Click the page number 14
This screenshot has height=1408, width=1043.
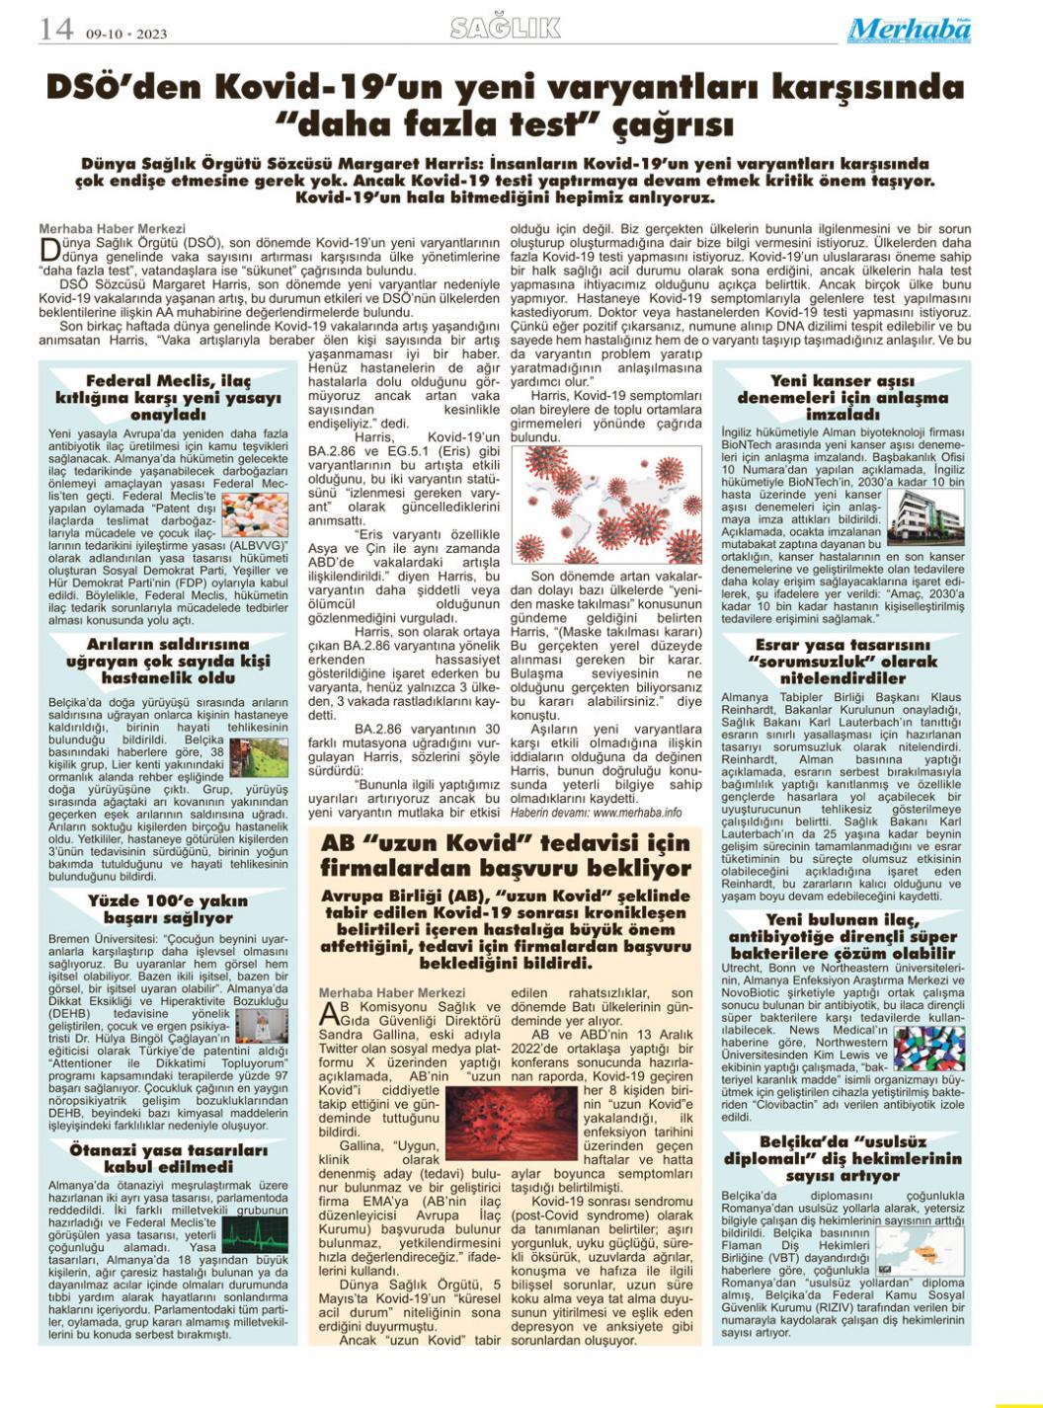[x=55, y=29]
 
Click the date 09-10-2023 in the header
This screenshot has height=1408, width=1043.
[x=126, y=33]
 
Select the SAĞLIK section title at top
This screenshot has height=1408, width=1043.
[x=506, y=29]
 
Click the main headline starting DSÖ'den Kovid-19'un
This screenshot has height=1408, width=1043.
[x=506, y=107]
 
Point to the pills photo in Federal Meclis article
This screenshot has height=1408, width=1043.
[x=256, y=514]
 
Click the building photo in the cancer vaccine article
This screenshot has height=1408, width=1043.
[x=925, y=516]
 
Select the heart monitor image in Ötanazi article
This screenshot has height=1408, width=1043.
[x=255, y=1233]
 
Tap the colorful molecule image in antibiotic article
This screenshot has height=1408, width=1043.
[x=927, y=1052]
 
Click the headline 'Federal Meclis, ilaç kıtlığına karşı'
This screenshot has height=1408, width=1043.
[x=168, y=398]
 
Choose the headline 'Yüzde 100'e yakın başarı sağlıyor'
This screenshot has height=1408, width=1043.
[x=168, y=908]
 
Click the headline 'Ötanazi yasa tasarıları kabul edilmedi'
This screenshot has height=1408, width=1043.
[x=168, y=1157]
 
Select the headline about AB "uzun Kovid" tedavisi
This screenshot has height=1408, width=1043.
[x=506, y=856]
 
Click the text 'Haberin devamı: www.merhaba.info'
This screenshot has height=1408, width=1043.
[x=596, y=812]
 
